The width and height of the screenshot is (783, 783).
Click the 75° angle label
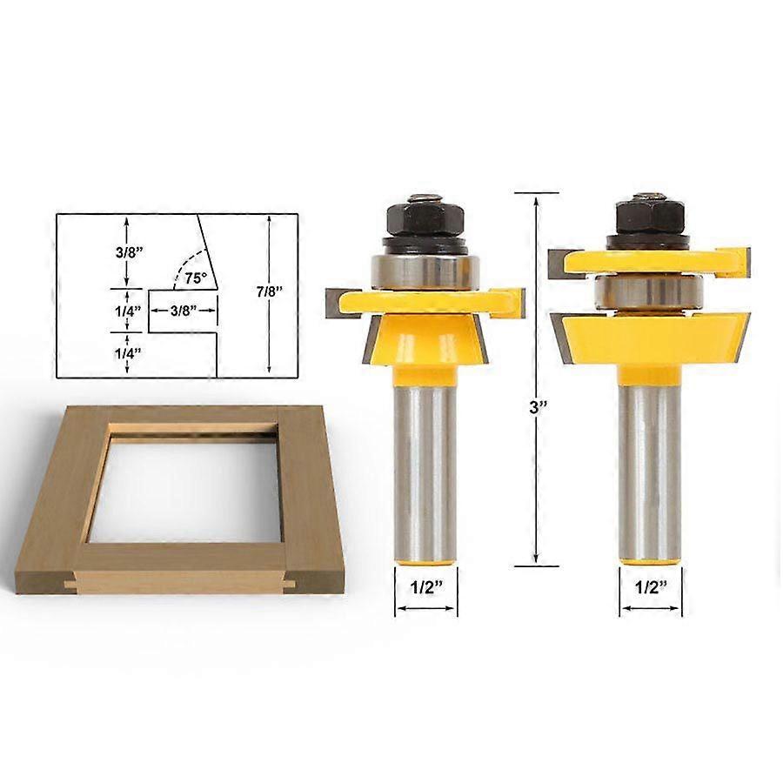tap(196, 278)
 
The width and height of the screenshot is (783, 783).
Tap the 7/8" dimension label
tap(270, 291)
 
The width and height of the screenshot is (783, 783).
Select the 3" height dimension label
tap(539, 407)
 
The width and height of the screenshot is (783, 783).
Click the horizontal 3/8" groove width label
tap(184, 311)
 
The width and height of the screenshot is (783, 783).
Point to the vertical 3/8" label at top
tap(130, 251)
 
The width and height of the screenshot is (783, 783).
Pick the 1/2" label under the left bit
tap(427, 587)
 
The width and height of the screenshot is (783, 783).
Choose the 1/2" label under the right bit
tap(651, 587)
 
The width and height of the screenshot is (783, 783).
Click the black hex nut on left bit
tap(425, 217)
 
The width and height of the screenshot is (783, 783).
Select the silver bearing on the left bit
tap(425, 272)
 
